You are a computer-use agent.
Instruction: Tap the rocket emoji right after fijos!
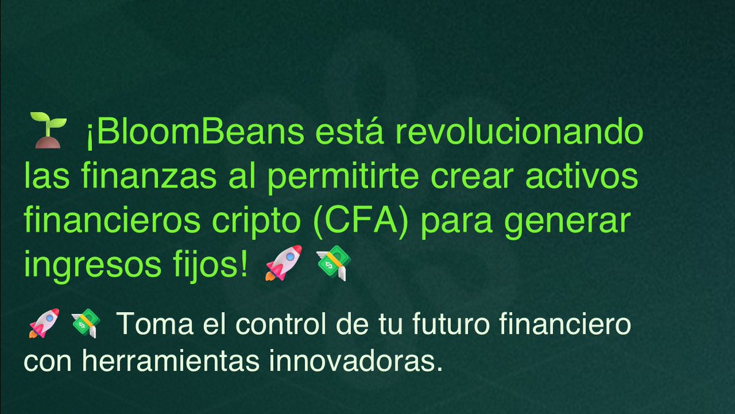(283, 264)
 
